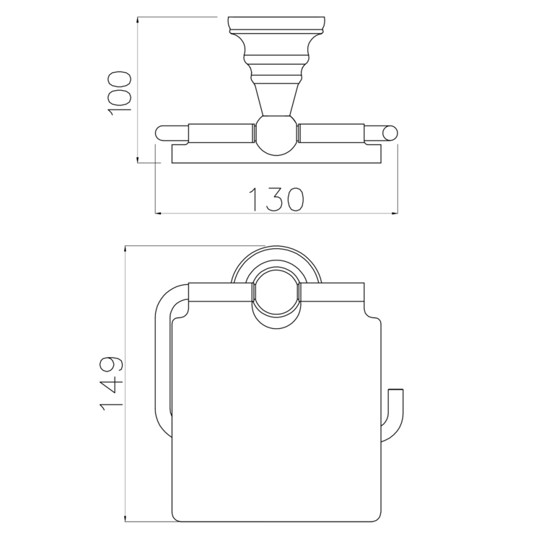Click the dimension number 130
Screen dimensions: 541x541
click(276, 199)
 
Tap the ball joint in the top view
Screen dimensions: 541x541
click(276, 135)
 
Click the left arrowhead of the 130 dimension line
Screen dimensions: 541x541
click(159, 214)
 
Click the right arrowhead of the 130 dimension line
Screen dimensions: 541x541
click(395, 214)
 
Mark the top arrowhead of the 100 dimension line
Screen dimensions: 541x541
click(138, 20)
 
